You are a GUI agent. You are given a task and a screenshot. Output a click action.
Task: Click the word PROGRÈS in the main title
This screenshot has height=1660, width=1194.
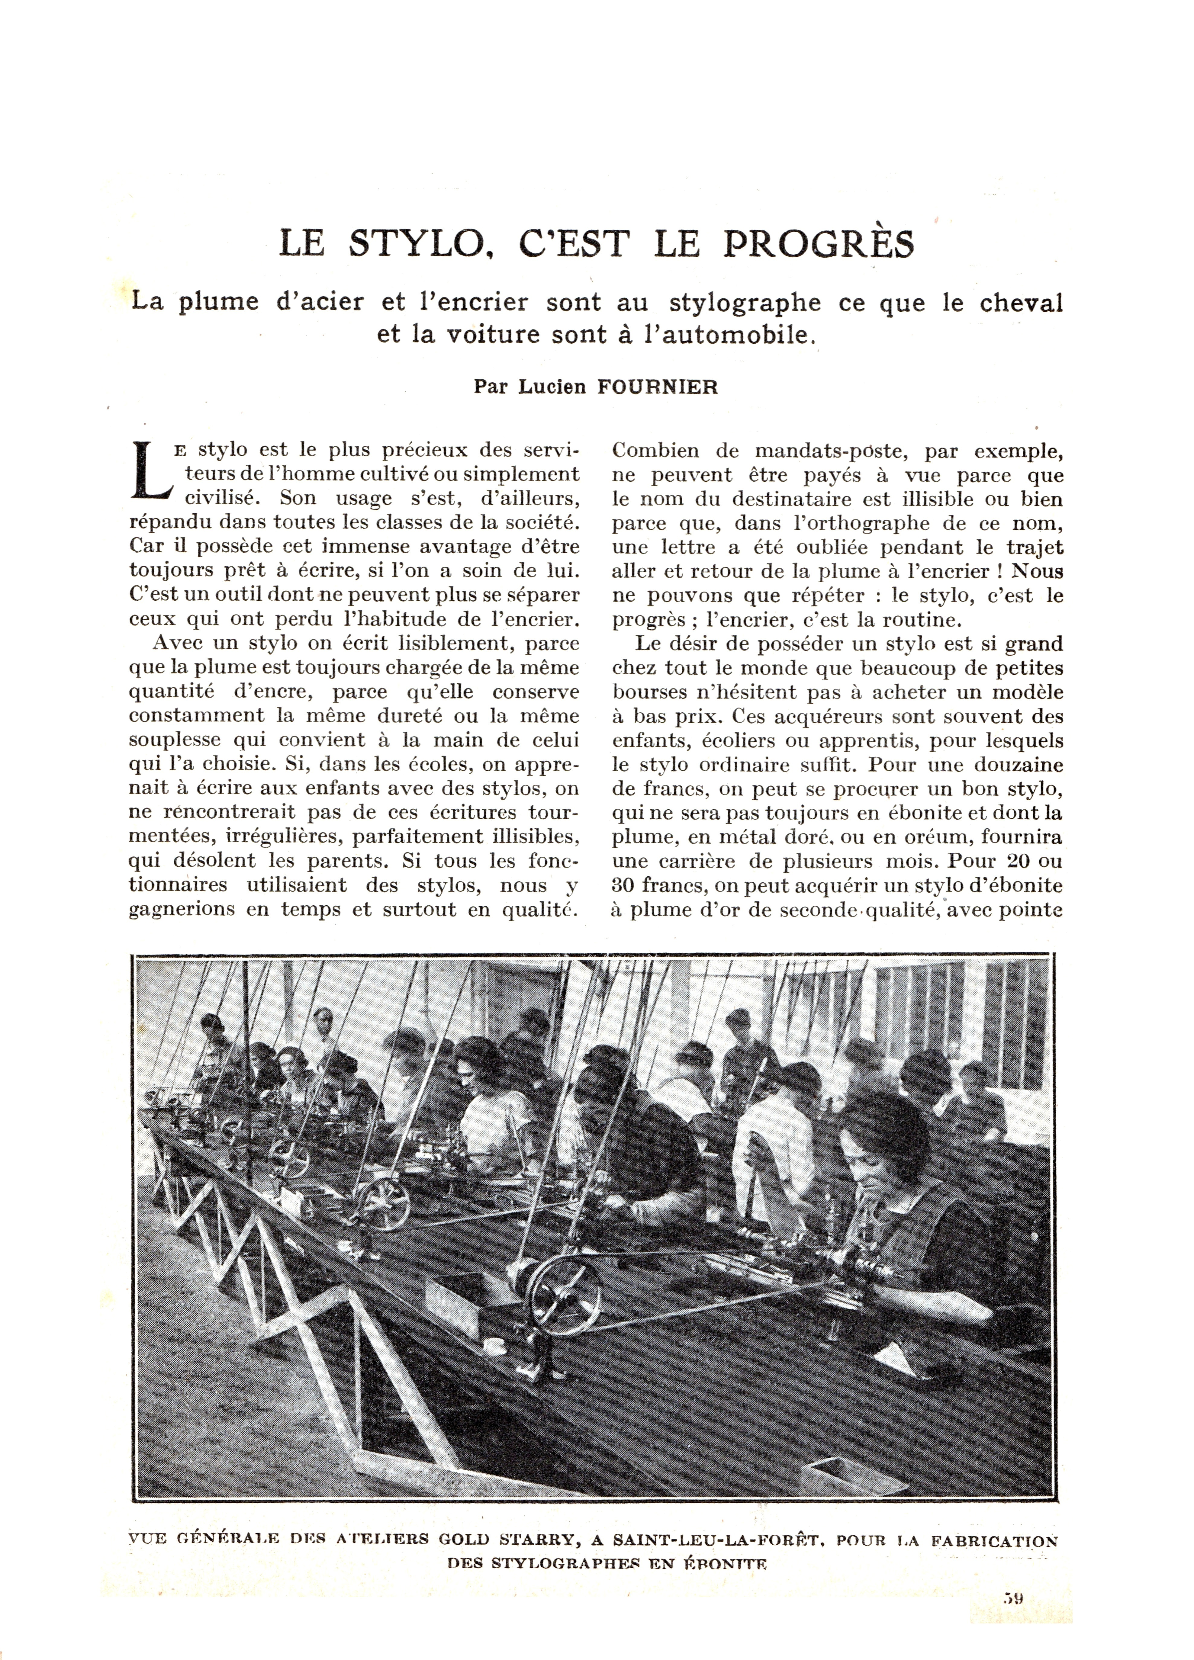point(819,244)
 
